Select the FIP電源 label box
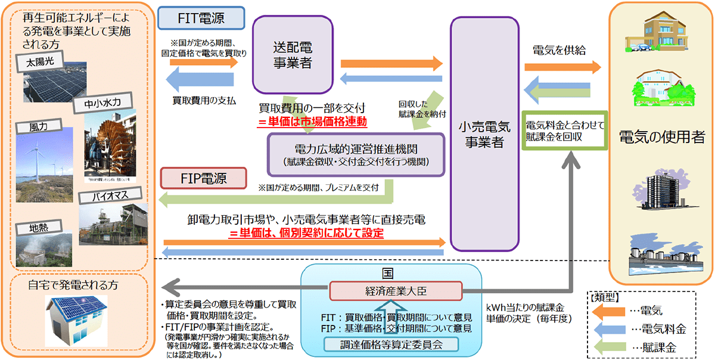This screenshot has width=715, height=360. pos(203,178)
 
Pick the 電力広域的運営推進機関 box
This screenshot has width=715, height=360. pos(356,154)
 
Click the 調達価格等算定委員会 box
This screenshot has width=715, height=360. pos(391,345)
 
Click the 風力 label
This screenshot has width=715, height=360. pos(41,127)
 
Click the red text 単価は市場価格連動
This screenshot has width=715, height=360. pos(312,123)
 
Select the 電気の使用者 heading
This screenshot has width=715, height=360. pos(662,138)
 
